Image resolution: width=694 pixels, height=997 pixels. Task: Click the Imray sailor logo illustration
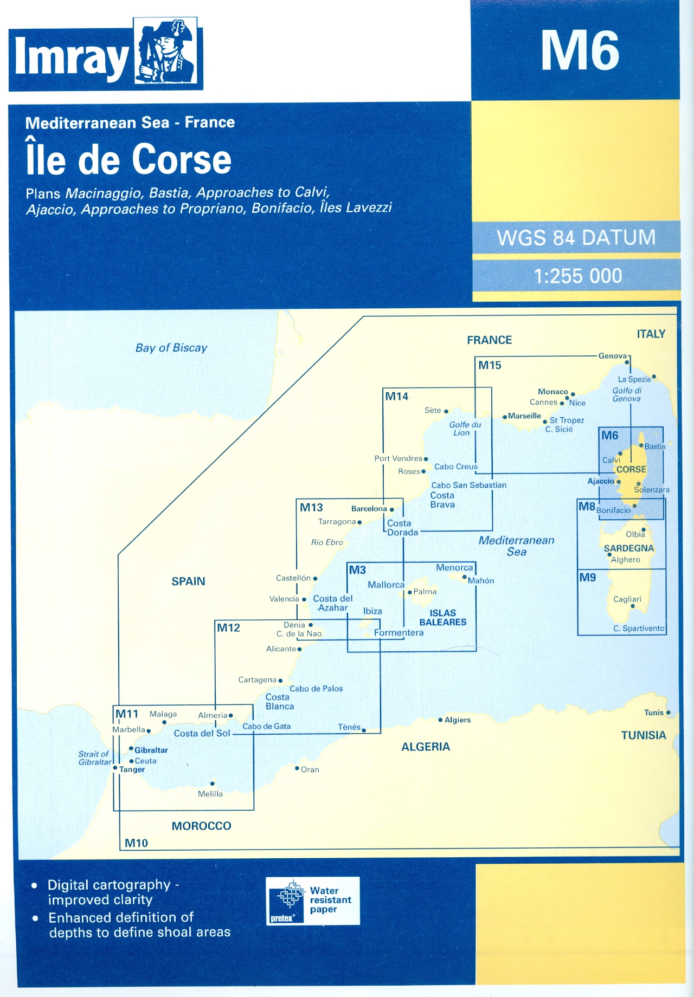167,53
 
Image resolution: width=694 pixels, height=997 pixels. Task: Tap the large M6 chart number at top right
580,50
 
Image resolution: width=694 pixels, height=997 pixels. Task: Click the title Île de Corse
128,160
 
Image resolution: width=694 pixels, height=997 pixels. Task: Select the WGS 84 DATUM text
576,238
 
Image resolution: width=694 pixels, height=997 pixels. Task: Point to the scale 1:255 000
577,276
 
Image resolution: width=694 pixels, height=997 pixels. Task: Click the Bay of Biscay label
171,348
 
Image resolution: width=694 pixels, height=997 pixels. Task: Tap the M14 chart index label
396,397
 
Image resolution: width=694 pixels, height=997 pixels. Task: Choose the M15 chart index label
490,365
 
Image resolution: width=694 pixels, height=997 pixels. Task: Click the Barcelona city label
369,509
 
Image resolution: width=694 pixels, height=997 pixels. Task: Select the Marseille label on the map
524,416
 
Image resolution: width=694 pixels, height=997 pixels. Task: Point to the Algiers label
458,720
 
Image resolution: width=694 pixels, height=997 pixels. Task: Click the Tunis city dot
668,713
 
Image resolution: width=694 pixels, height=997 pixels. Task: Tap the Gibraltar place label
151,750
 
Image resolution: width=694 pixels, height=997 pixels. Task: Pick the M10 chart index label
136,843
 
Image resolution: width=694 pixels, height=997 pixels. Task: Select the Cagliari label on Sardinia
627,599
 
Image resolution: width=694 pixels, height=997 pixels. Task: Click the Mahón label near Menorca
481,580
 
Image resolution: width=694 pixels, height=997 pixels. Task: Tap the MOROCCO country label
201,826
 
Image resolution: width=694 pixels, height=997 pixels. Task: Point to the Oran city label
310,769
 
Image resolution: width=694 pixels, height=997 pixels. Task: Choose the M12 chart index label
228,628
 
